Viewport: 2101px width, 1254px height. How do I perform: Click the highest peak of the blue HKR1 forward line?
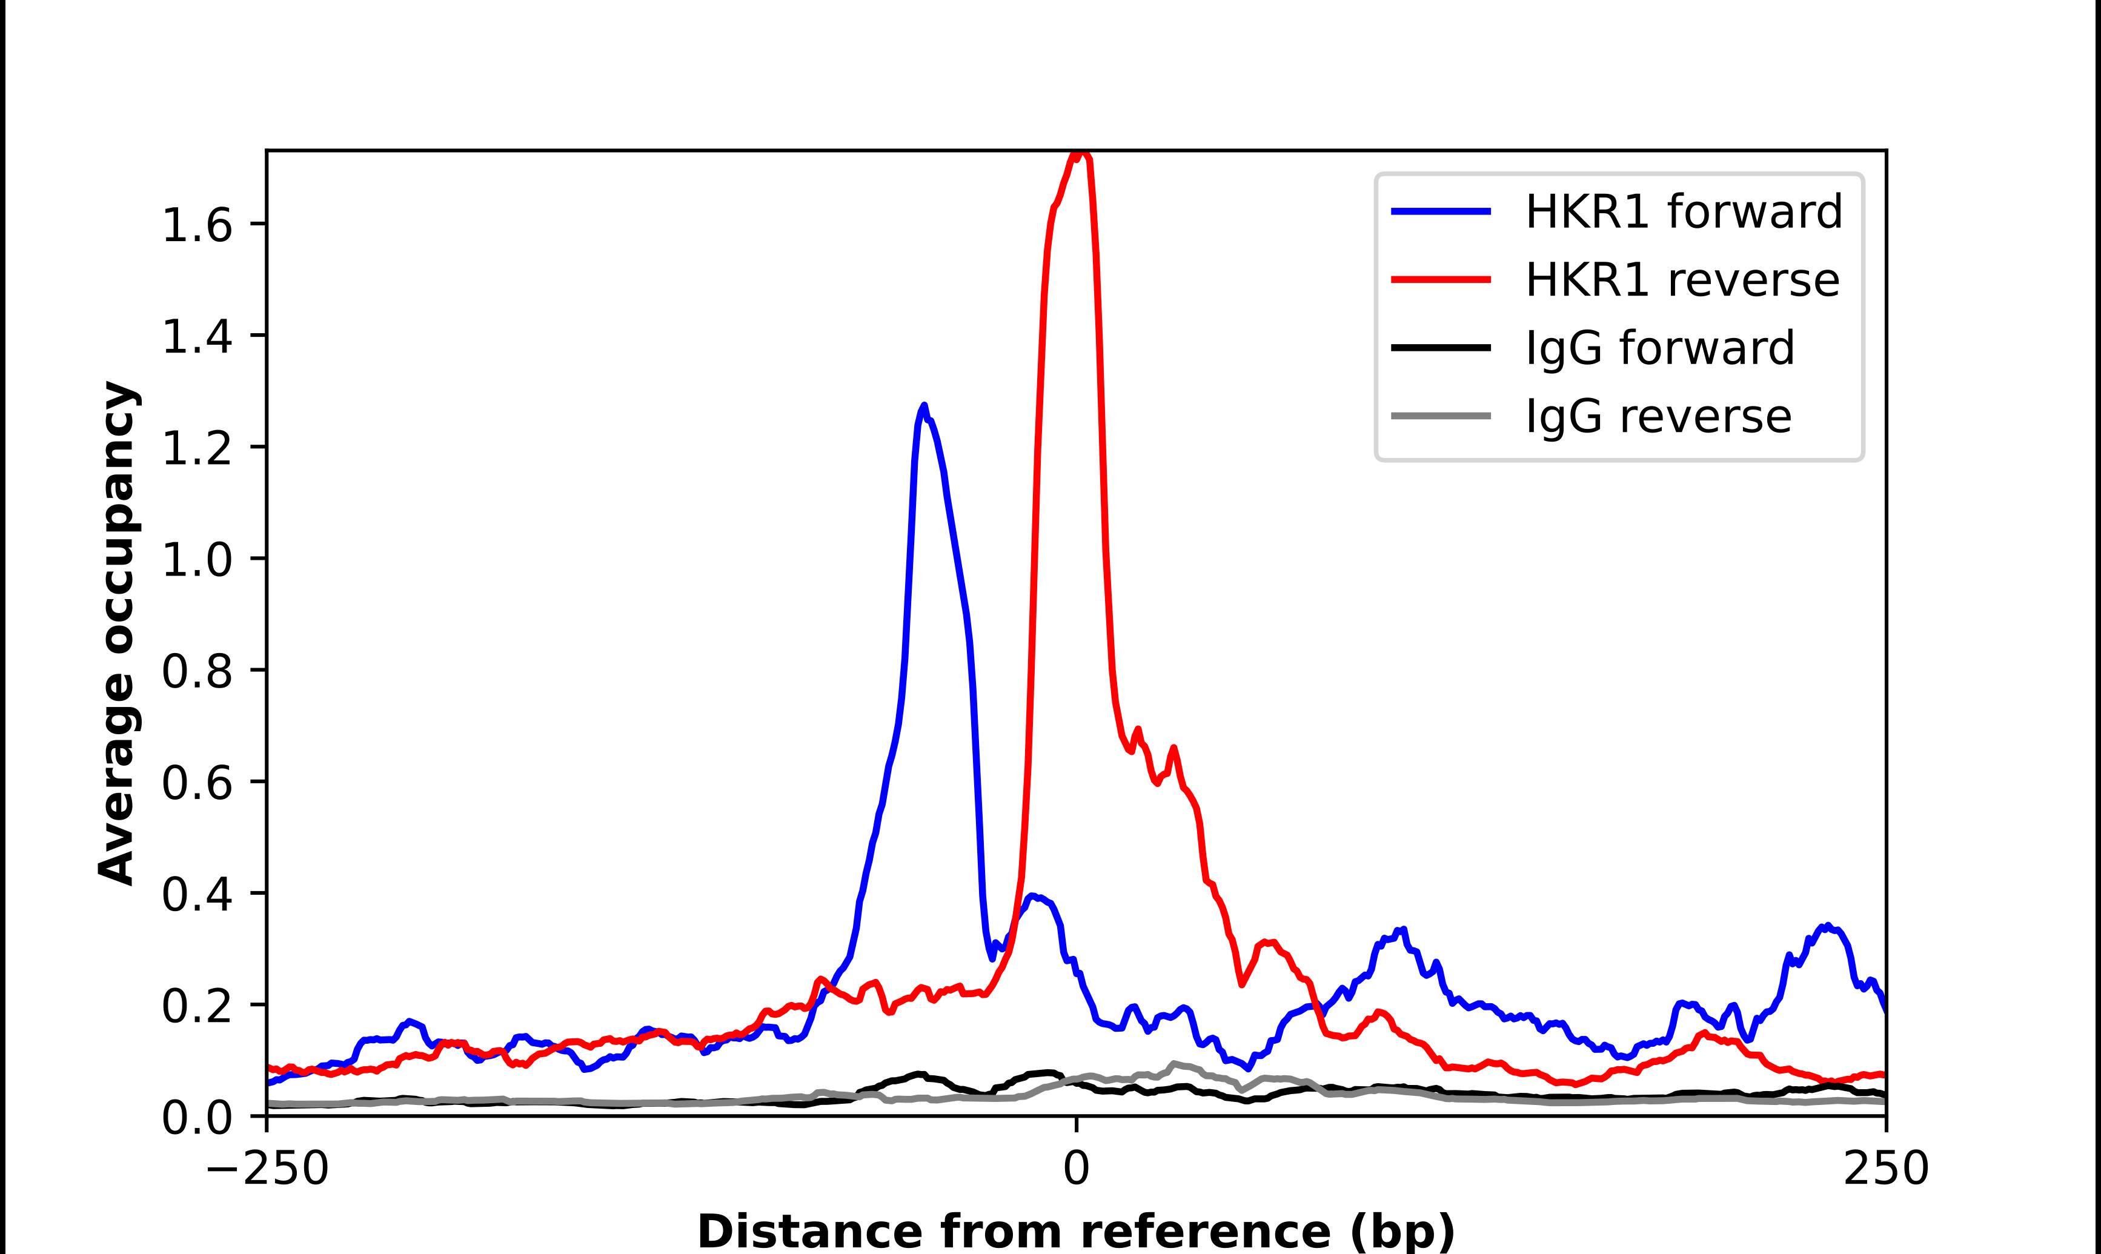coord(923,407)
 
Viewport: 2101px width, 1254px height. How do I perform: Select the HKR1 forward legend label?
coord(1683,211)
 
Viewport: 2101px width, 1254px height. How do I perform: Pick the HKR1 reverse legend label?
coord(1681,280)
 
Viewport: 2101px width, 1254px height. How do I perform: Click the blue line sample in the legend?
coord(1441,211)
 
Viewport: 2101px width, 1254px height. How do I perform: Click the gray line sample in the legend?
coord(1441,416)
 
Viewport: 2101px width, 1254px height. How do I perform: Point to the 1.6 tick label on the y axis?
coord(196,225)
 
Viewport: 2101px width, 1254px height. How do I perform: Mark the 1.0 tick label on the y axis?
coord(196,560)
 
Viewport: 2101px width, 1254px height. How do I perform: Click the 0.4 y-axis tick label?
coord(196,895)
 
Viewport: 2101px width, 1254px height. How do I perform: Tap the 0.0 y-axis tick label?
coord(196,1118)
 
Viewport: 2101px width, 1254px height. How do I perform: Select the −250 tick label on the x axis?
coord(267,1170)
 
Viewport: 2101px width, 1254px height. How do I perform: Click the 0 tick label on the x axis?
coord(1077,1170)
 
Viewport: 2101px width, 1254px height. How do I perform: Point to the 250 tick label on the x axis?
coord(1885,1170)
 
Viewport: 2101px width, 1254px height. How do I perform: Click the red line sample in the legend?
coord(1441,280)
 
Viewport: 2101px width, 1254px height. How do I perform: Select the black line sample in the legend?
coord(1441,347)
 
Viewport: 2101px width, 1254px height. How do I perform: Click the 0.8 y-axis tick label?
coord(196,672)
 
